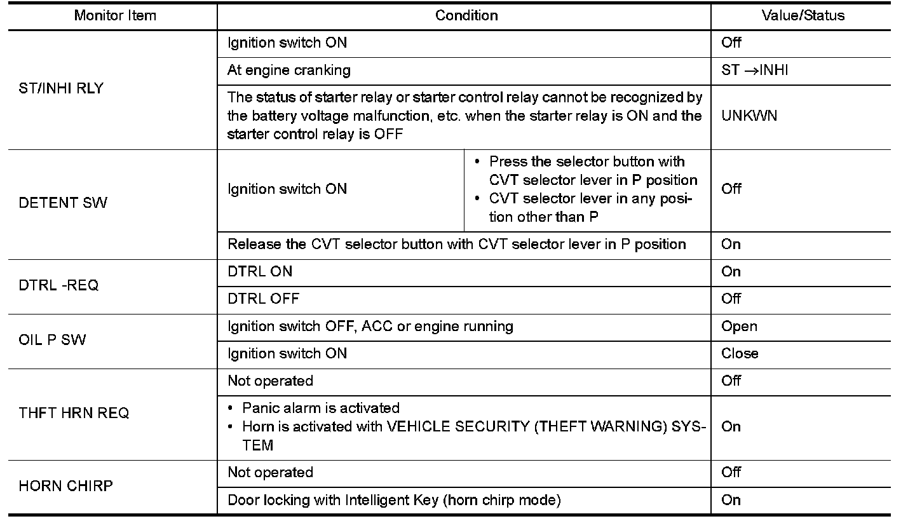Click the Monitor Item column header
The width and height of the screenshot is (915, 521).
115,16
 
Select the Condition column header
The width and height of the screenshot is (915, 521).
466,16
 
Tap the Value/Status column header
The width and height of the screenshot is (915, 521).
803,16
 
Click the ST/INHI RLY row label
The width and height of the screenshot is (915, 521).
61,88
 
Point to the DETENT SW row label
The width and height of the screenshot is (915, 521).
63,203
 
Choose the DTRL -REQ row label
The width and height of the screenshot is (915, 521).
59,285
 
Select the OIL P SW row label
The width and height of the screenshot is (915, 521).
53,340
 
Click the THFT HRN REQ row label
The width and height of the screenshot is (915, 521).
74,413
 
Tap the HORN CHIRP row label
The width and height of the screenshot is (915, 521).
65,486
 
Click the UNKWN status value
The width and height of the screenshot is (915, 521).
749,116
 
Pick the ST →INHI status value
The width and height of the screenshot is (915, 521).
755,71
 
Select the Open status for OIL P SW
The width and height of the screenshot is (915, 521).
739,327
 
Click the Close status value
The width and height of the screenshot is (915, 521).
740,354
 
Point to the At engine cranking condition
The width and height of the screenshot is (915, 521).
288,71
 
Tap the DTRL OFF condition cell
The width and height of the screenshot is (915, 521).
263,299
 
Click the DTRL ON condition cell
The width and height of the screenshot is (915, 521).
260,272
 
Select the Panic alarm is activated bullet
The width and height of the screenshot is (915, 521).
321,408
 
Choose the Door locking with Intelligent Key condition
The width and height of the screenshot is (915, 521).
394,500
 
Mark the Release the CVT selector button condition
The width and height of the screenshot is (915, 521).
456,245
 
